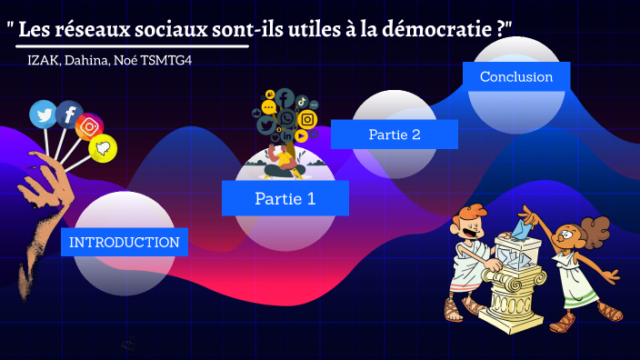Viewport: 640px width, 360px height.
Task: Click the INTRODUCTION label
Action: point(125,242)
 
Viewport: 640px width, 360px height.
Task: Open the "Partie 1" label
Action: point(285,197)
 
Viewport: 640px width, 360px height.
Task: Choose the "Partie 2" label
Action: point(394,135)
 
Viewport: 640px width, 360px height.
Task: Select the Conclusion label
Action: point(516,76)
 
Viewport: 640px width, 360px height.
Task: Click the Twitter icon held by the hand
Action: point(43,114)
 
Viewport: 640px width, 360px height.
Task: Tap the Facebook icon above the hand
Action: point(69,115)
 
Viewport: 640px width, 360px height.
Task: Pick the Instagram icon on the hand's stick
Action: point(90,127)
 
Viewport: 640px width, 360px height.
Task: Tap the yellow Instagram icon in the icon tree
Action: point(307,118)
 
